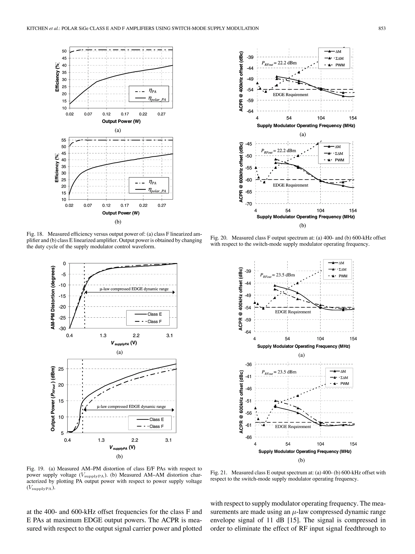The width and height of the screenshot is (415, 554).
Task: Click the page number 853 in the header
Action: coord(382,29)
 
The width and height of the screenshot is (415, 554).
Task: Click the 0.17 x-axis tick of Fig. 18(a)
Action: coord(125,114)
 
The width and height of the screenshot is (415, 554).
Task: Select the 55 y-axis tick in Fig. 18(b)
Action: coord(64,140)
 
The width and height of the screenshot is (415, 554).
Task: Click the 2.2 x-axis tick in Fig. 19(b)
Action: coord(135,440)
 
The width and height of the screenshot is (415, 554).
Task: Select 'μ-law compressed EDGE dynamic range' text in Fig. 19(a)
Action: coord(134,289)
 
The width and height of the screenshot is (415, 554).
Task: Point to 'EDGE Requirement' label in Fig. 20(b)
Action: coord(290,185)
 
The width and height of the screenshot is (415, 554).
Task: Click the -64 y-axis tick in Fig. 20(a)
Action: coord(250,111)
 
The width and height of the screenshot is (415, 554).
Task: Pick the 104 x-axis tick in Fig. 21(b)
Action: coord(320,444)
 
